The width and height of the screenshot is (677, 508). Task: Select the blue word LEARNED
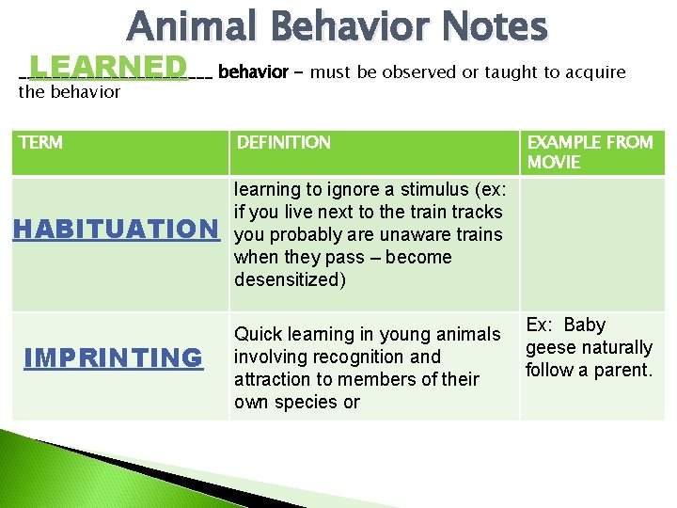coord(108,67)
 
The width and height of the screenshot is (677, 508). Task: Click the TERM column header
coord(41,143)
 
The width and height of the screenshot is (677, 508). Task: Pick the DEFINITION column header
coord(284,143)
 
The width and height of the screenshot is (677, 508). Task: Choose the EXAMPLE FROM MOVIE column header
coord(590,152)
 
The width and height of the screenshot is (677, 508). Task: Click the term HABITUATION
coord(115,229)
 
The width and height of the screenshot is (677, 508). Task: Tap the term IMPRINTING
coord(113,357)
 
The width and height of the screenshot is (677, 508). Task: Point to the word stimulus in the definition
coord(427,189)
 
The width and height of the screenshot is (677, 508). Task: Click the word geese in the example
coord(552,347)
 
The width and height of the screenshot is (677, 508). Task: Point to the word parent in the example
coord(620,370)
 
